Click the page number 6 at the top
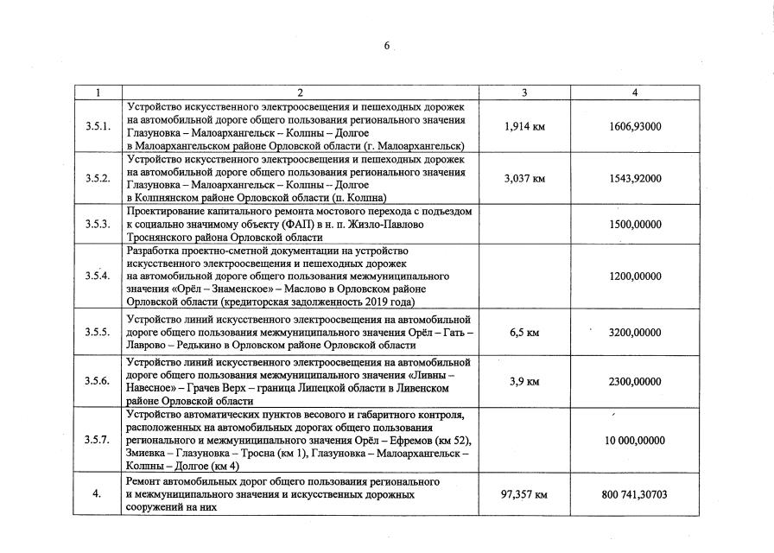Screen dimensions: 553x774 pos(387,46)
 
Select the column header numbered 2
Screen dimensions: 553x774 pos(300,92)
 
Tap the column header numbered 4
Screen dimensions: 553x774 pos(635,92)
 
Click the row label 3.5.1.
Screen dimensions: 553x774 pos(98,126)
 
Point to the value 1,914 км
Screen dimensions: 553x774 pos(524,126)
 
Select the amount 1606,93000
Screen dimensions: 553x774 pos(635,126)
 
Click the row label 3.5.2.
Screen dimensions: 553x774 pos(98,178)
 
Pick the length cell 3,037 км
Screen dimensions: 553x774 pos(524,178)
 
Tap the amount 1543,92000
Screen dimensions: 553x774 pos(635,178)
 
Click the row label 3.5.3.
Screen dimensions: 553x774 pos(98,224)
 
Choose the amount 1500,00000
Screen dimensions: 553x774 pos(635,224)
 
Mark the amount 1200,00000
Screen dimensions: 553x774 pos(635,276)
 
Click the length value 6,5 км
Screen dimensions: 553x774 pos(524,331)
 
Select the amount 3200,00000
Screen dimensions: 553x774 pos(635,331)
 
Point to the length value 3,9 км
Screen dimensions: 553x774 pos(524,381)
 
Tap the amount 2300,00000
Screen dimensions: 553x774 pos(635,381)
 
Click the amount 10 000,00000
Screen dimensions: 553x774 pos(635,440)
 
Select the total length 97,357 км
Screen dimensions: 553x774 pos(524,494)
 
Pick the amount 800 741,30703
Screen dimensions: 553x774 pos(635,494)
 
